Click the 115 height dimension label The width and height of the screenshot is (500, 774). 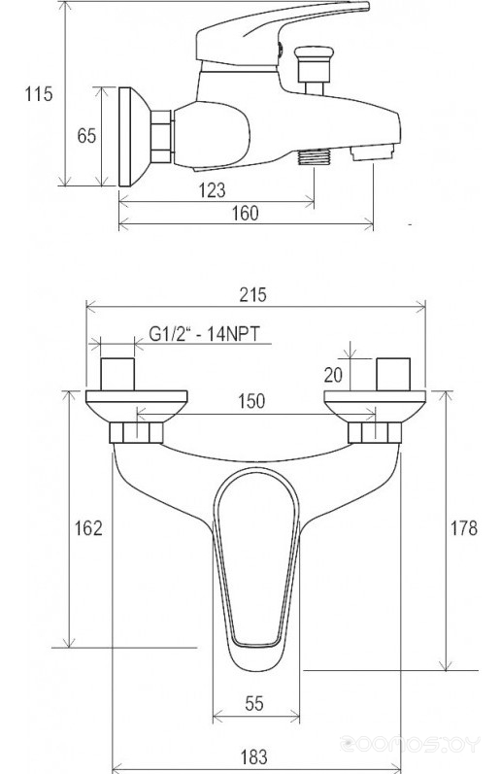tap(39, 93)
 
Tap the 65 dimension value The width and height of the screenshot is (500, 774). tap(86, 136)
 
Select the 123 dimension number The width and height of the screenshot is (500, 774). tap(213, 190)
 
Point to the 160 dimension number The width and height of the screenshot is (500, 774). tap(246, 214)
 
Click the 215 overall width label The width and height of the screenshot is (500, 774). tap(252, 294)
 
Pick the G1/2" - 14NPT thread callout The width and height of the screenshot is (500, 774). tap(204, 334)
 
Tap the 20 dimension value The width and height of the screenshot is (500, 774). tap(333, 375)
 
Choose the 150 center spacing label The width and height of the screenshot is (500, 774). tap(251, 401)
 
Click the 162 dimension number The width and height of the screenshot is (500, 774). tap(88, 528)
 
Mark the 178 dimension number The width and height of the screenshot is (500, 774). tap(464, 528)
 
